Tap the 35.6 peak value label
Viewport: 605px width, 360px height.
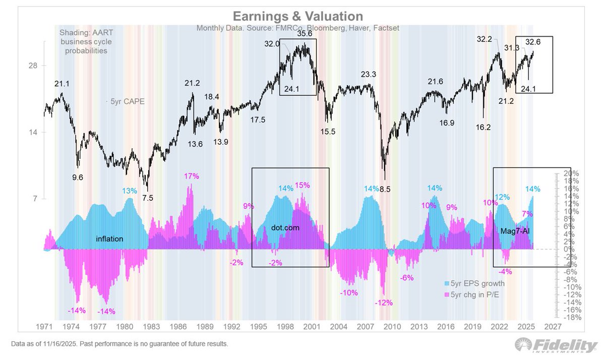(304, 35)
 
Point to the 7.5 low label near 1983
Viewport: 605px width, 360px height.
(148, 198)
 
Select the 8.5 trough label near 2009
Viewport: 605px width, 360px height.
(384, 189)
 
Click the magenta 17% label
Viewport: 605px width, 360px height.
(191, 176)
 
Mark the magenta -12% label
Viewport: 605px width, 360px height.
(384, 303)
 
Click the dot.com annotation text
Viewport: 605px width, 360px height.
(285, 228)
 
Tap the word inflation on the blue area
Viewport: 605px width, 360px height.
(109, 238)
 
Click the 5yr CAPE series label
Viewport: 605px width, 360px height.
(128, 101)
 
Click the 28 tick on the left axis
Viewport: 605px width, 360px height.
(32, 66)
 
